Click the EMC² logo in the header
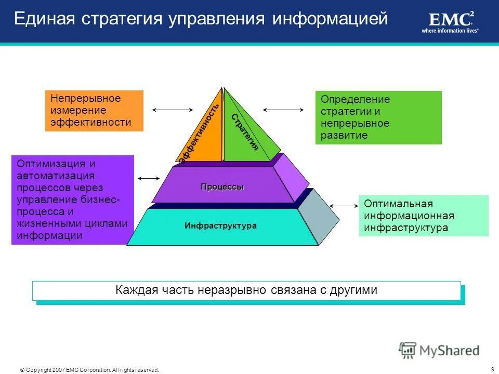(x=450, y=19)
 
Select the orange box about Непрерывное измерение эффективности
(x=94, y=111)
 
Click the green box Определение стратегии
(x=378, y=117)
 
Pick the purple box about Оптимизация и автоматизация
(x=73, y=200)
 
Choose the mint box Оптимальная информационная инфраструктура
(x=423, y=216)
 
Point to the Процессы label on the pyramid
(x=222, y=187)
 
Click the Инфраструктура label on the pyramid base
(x=220, y=226)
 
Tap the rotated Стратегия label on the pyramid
(x=245, y=131)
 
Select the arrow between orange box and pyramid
(x=173, y=110)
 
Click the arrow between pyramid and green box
(x=283, y=110)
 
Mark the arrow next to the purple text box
(x=149, y=178)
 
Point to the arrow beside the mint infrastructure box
(x=343, y=206)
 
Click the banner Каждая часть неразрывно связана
(x=246, y=290)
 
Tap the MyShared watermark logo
(x=439, y=350)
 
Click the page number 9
(x=492, y=369)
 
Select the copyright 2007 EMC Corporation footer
(x=89, y=370)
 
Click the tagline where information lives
(x=450, y=31)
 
